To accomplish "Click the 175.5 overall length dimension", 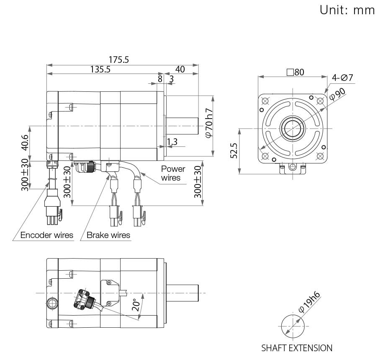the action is (119, 60).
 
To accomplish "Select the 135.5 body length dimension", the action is (100, 70).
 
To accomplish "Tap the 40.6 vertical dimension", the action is (25, 142).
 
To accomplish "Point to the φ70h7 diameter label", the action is (209, 123).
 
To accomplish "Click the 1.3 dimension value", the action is (172, 142).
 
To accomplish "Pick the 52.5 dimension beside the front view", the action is (234, 151).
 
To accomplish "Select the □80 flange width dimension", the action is (295, 72).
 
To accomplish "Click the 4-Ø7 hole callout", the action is (342, 78).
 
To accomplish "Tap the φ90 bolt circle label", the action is (337, 94).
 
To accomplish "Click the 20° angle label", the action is (136, 305).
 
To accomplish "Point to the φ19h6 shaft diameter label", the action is (309, 302).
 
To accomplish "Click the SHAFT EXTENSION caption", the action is (297, 348).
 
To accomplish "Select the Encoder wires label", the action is (47, 235).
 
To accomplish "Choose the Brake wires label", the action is (108, 235).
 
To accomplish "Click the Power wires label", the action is (173, 173).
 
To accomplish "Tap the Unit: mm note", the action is (347, 10).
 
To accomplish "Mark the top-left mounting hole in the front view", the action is (265, 101).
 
